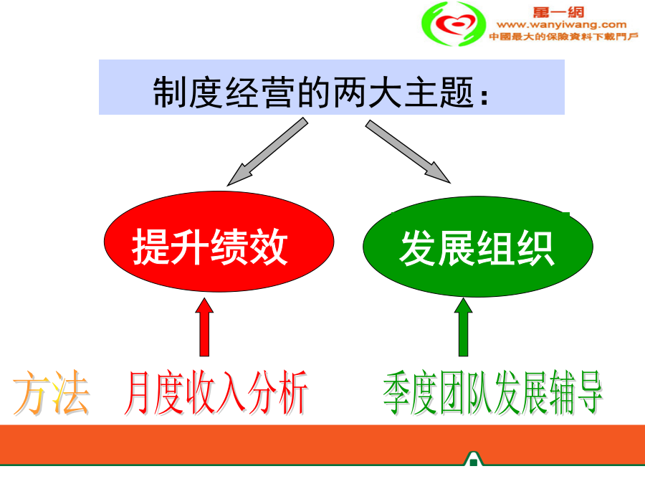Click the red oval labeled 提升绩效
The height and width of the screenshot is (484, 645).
point(219,242)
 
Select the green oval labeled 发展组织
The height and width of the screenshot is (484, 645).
point(477,246)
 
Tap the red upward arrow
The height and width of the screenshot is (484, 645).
point(204,327)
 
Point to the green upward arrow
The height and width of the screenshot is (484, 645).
point(463,327)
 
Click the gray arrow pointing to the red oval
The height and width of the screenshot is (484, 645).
point(267,151)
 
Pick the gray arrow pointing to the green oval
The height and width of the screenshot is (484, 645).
point(408,151)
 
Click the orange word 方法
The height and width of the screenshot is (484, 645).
point(51,392)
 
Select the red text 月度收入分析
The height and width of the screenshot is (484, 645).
point(216,392)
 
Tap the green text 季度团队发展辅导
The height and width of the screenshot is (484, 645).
point(493,392)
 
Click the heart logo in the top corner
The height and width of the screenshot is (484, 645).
point(454,24)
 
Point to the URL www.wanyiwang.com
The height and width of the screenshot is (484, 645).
point(561,24)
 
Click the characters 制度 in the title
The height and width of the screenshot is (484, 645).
point(188,92)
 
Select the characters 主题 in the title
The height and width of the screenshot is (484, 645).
point(439,92)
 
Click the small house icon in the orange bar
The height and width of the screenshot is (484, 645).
point(473,459)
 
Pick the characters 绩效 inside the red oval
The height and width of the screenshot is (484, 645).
point(249,246)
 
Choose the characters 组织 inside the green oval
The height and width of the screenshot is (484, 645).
point(516,248)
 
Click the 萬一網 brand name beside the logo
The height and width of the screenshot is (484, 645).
point(558,12)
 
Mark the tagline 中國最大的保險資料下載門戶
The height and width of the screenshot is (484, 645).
point(563,37)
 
